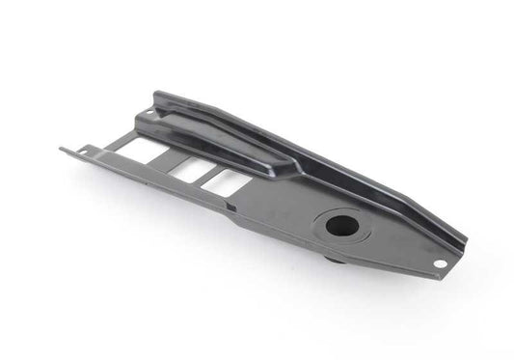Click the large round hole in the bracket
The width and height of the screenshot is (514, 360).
tap(342, 227)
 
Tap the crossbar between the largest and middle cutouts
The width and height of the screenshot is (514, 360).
tap(176, 159)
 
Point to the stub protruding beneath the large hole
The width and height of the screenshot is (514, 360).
tap(335, 258)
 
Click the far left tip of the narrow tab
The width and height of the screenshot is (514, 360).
tap(62, 148)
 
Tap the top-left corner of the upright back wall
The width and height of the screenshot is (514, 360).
tap(155, 94)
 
